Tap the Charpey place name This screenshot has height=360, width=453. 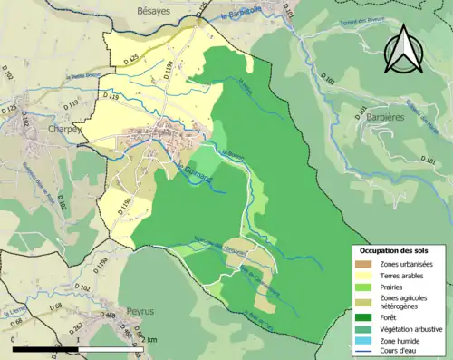click(64, 130)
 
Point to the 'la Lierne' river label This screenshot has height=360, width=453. click(14, 315)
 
